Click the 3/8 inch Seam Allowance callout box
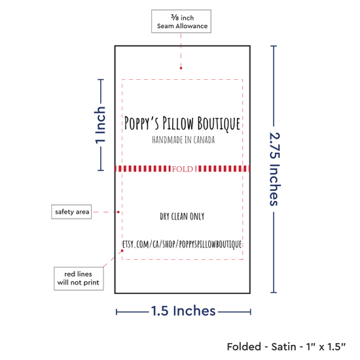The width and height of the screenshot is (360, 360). [x=181, y=21]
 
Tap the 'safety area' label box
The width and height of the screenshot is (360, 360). [x=71, y=211]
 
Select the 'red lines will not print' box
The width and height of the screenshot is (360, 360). [x=79, y=278]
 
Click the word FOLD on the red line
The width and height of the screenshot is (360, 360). [x=183, y=170]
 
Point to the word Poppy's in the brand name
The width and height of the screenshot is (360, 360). [x=141, y=123]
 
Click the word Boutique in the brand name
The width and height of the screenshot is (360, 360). [x=219, y=124]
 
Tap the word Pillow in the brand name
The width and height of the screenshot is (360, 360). [x=178, y=123]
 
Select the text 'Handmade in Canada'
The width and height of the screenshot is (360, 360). [x=183, y=140]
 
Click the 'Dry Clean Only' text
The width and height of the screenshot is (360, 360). [x=182, y=216]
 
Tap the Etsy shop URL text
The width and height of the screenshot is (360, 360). [x=182, y=244]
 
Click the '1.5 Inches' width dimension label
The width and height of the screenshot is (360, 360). [x=183, y=311]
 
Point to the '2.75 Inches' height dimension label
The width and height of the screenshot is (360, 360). [x=275, y=169]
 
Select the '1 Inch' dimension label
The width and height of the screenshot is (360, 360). [x=100, y=125]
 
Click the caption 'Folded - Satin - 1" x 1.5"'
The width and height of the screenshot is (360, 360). [x=286, y=346]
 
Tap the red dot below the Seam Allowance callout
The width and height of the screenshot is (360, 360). [x=181, y=68]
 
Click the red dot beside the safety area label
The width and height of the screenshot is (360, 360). [x=118, y=212]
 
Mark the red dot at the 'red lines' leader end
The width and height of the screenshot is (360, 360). [x=122, y=251]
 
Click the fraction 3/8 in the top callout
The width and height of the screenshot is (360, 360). [x=175, y=17]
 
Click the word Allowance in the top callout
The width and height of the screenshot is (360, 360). [x=192, y=26]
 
